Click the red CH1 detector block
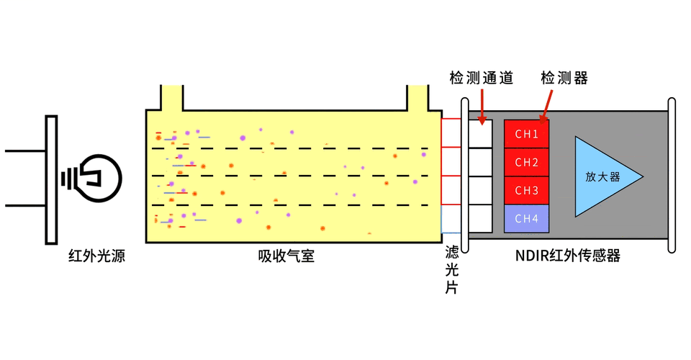tap(527, 134)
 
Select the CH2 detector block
tap(527, 162)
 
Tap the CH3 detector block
tap(527, 190)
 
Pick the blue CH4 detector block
tap(527, 218)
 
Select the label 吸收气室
tap(286, 256)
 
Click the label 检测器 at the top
tap(564, 78)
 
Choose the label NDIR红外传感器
tap(568, 256)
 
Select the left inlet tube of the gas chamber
tap(171, 97)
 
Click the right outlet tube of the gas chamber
tap(417, 97)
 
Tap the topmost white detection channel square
tap(481, 134)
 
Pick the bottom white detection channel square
tap(481, 218)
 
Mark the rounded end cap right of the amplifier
tap(672, 176)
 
